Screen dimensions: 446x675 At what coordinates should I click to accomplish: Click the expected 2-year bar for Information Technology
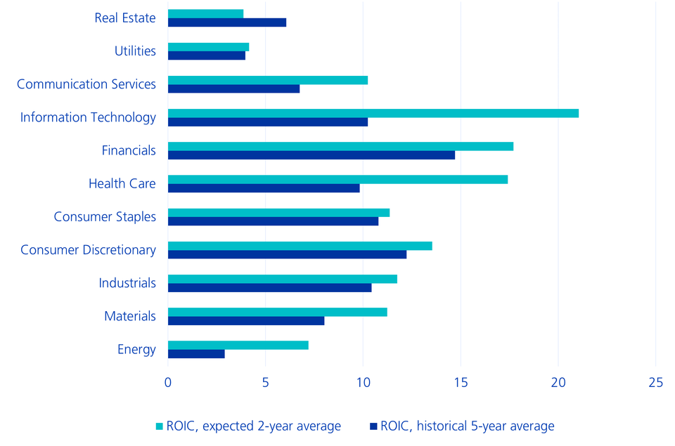[373, 113]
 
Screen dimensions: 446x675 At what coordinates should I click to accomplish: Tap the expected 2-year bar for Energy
[238, 345]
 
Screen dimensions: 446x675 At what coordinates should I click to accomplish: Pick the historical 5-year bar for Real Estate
[226, 22]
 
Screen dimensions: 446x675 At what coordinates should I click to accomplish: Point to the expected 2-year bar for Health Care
[337, 179]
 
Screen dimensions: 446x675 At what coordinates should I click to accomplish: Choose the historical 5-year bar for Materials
[246, 321]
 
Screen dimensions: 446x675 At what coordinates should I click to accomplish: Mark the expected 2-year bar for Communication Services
[267, 80]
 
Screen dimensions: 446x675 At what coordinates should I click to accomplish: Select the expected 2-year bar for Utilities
[208, 47]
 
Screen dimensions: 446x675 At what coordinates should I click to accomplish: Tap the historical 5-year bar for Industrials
[269, 288]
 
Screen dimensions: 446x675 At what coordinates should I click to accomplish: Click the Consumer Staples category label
[105, 216]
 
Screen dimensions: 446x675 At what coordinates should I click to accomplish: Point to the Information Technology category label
[88, 117]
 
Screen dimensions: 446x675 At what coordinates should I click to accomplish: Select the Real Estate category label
[125, 18]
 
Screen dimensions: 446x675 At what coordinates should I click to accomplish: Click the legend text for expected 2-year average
[253, 426]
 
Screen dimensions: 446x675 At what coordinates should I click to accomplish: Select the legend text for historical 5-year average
[467, 426]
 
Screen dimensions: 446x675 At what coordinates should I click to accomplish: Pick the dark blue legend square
[373, 426]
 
